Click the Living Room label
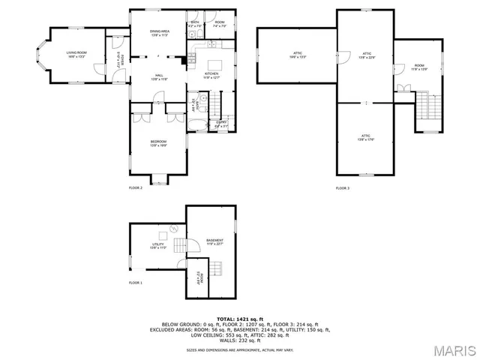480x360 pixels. (76, 53)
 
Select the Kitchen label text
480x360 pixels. (212, 74)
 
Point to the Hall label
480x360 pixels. (160, 76)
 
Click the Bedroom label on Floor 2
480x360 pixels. (158, 143)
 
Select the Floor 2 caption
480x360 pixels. (136, 187)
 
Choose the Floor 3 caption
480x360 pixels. (342, 187)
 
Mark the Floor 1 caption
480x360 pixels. (136, 283)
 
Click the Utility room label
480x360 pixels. (158, 245)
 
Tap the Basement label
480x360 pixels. (214, 241)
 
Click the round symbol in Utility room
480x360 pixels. (173, 228)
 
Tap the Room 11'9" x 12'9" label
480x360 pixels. (418, 68)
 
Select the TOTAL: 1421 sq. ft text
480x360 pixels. (239, 319)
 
